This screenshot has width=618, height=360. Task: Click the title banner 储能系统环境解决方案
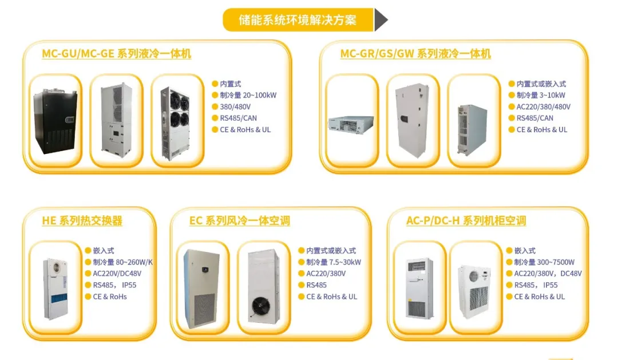(x=298, y=20)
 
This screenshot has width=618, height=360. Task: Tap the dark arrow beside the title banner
(x=381, y=20)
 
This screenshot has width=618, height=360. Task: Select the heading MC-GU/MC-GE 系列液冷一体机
(x=117, y=54)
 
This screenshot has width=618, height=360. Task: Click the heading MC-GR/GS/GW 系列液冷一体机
(x=415, y=54)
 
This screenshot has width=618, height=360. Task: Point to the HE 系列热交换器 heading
(x=82, y=220)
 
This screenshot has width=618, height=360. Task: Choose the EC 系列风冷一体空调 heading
(x=239, y=220)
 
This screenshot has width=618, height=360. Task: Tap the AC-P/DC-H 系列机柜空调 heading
(x=466, y=220)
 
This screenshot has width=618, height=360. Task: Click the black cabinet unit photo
(x=56, y=121)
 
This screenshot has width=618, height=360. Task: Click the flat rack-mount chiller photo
(x=351, y=123)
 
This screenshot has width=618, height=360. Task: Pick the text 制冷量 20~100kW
(x=248, y=95)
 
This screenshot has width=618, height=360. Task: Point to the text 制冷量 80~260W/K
(x=122, y=262)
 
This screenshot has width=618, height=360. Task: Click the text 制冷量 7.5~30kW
(x=333, y=262)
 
